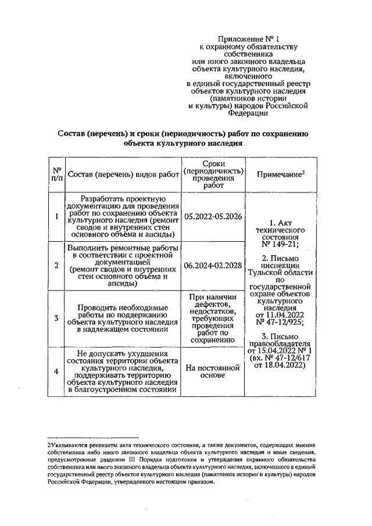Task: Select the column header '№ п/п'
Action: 56,174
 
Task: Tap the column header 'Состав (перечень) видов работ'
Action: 123,174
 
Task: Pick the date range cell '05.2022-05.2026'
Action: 213,217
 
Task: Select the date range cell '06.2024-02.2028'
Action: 213,266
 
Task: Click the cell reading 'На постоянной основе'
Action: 213,371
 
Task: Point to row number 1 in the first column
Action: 56,217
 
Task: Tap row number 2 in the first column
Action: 56,266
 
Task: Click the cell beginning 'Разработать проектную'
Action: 123,217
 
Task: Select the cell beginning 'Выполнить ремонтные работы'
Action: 123,266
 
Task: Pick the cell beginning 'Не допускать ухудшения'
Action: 123,371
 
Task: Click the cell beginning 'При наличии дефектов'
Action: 213,318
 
